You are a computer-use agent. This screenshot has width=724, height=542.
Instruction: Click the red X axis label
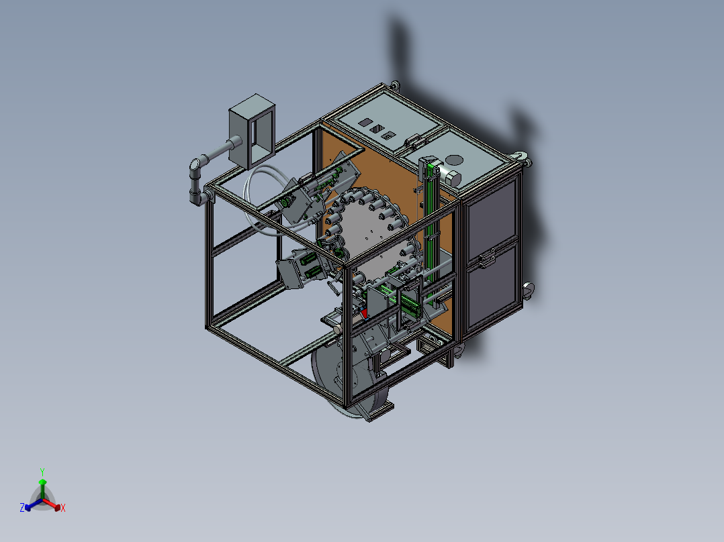pos(63,508)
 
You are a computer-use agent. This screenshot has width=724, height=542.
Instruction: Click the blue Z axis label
pos(22,508)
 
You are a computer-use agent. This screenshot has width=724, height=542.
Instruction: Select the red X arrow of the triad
pos(54,506)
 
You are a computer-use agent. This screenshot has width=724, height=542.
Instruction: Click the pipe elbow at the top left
pos(195,165)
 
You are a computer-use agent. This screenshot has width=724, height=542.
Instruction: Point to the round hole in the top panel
pos(455,160)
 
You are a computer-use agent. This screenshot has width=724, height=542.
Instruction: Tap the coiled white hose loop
pos(259,201)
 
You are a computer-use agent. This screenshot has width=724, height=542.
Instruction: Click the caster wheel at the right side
pos(528,290)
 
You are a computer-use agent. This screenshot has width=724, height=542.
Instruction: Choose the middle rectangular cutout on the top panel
pos(377,128)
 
